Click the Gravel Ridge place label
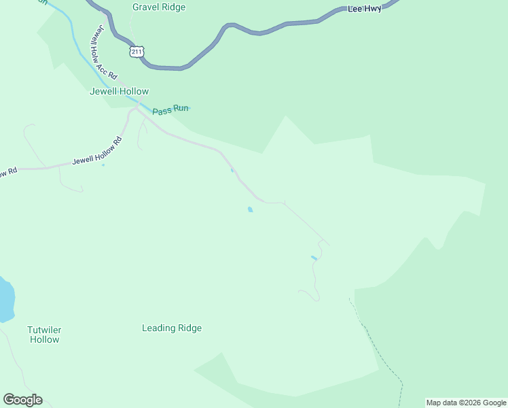coord(159,7)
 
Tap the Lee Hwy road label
coord(365,10)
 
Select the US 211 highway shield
coord(137,52)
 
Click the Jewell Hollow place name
coord(119,91)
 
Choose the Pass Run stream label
coord(170,109)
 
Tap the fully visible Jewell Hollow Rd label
coord(97,152)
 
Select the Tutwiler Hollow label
coord(44,335)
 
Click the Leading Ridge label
coord(172,328)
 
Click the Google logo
coord(22,400)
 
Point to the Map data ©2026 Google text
coord(466,403)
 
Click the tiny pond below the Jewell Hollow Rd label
coord(103,165)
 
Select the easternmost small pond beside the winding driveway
coord(313,258)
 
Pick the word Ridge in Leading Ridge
coord(189,328)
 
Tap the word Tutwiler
coord(44,330)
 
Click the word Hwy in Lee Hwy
coord(373,10)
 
